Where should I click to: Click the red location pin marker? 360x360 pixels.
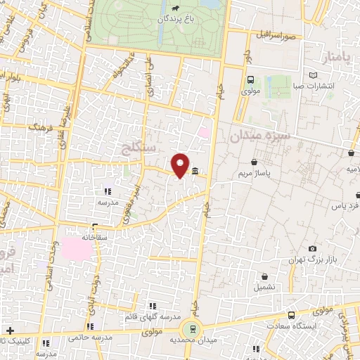180,164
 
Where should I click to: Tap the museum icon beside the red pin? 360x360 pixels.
194,171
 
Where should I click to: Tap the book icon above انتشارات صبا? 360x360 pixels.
313,75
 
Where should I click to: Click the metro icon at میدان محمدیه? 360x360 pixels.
190,328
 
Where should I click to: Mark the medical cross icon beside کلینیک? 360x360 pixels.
10,330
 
